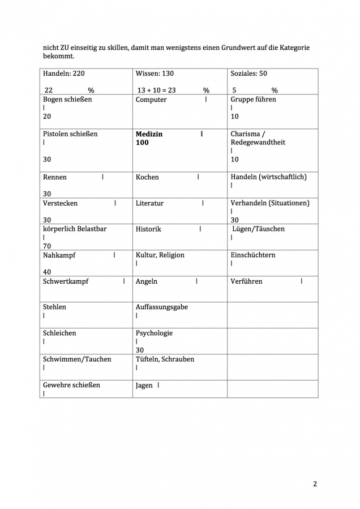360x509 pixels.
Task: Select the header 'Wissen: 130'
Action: pos(155,74)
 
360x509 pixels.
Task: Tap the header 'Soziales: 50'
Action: pos(248,74)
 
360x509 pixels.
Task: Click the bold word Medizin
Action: pos(149,134)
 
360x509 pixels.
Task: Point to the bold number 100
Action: pos(142,143)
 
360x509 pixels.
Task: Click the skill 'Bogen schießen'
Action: pos(67,100)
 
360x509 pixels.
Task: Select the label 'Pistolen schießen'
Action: pos(70,134)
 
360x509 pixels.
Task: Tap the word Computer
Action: pos(151,100)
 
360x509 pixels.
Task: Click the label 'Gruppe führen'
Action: pos(254,100)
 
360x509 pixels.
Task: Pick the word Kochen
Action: pos(147,177)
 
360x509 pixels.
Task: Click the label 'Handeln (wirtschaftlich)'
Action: pos(269,177)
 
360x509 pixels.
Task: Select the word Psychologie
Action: pos(154,333)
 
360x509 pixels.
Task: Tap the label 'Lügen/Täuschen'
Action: pos(259,229)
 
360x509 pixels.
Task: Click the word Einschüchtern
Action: pos(253,255)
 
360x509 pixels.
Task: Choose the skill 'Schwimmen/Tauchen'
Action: pos(77,359)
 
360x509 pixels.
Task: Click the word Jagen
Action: pos(144,386)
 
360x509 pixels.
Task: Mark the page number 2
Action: pos(315,484)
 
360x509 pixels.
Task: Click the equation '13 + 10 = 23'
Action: pos(157,90)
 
